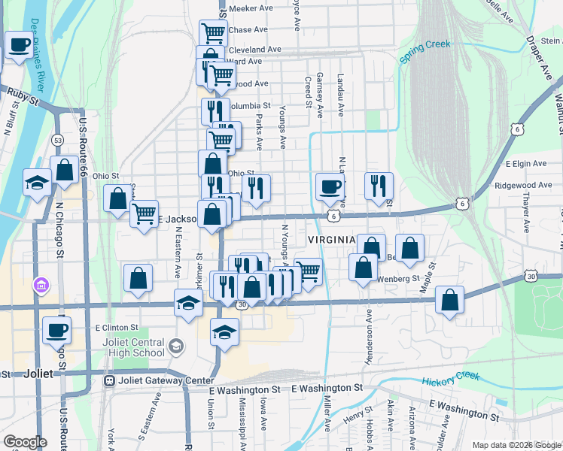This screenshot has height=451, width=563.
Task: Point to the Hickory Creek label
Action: pyautogui.click(x=450, y=378)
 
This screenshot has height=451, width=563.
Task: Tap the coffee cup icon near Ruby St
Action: pyautogui.click(x=19, y=45)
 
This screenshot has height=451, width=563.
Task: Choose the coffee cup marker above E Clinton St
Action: pyautogui.click(x=57, y=329)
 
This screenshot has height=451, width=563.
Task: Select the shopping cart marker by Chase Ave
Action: pyautogui.click(x=214, y=33)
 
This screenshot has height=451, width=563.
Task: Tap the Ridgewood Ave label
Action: pyautogui.click(x=524, y=185)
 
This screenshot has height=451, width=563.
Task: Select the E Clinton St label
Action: pyautogui.click(x=117, y=328)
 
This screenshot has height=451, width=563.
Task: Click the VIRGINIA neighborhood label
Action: pyautogui.click(x=331, y=240)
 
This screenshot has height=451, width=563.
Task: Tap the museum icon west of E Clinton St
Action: pyautogui.click(x=41, y=286)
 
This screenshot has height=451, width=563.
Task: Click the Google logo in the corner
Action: pyautogui.click(x=24, y=442)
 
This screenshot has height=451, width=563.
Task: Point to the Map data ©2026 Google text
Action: pyautogui.click(x=516, y=445)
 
